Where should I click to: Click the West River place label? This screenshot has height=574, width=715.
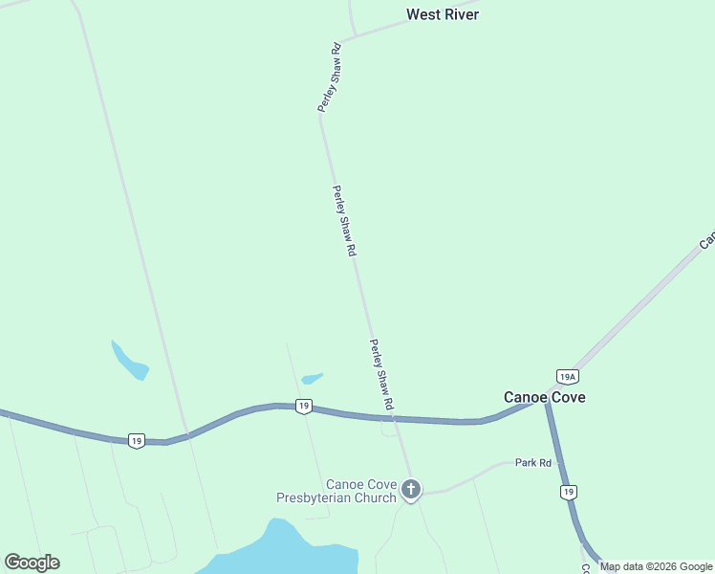pos(442,14)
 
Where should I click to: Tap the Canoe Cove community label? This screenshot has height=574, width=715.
pos(545,397)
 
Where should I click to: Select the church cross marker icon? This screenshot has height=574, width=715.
pos(411,490)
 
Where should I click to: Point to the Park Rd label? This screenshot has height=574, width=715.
pos(533,463)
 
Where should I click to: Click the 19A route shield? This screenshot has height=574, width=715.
pos(568,377)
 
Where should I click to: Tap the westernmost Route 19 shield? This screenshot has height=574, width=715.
pos(137,441)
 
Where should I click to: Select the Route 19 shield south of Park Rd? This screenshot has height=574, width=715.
pos(569,492)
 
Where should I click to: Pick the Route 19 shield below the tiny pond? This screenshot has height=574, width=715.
pos(303,407)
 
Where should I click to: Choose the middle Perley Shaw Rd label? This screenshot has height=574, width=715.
pos(344,220)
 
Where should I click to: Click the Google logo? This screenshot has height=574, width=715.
pos(32,563)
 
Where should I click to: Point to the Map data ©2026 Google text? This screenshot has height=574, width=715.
pos(657,566)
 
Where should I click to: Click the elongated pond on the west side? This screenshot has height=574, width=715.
pos(130,362)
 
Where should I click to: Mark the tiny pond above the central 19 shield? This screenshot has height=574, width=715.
pos(312,378)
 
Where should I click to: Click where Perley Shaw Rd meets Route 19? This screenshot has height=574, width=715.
pos(395,418)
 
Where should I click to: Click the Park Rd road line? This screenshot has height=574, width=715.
pos(478,474)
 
